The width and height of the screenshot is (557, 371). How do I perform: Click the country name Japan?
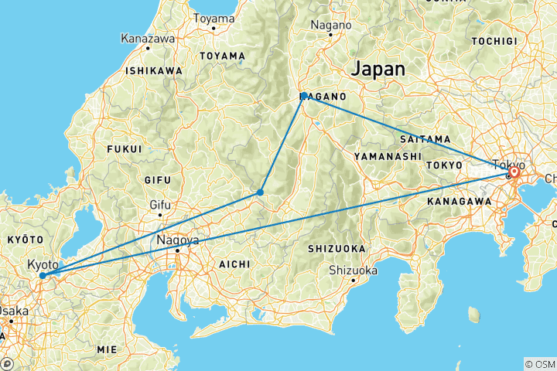pos(378,69)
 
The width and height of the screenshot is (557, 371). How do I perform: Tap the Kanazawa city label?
pos(147,37)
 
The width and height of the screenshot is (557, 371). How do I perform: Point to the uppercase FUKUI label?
pos(124,148)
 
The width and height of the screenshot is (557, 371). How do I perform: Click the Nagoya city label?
pos(178,240)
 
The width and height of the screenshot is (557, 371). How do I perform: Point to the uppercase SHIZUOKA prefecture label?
pos(335,248)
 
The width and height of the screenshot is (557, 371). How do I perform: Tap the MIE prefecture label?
pos(107,349)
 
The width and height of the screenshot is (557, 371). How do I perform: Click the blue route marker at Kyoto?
pos(42,275)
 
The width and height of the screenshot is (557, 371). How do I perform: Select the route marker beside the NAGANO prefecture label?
pos(305,96)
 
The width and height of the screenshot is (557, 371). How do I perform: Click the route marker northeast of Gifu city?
pos(261,192)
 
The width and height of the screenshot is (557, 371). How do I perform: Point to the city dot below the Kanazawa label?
pos(147,48)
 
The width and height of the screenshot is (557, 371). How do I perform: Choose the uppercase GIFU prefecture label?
pos(156,179)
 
